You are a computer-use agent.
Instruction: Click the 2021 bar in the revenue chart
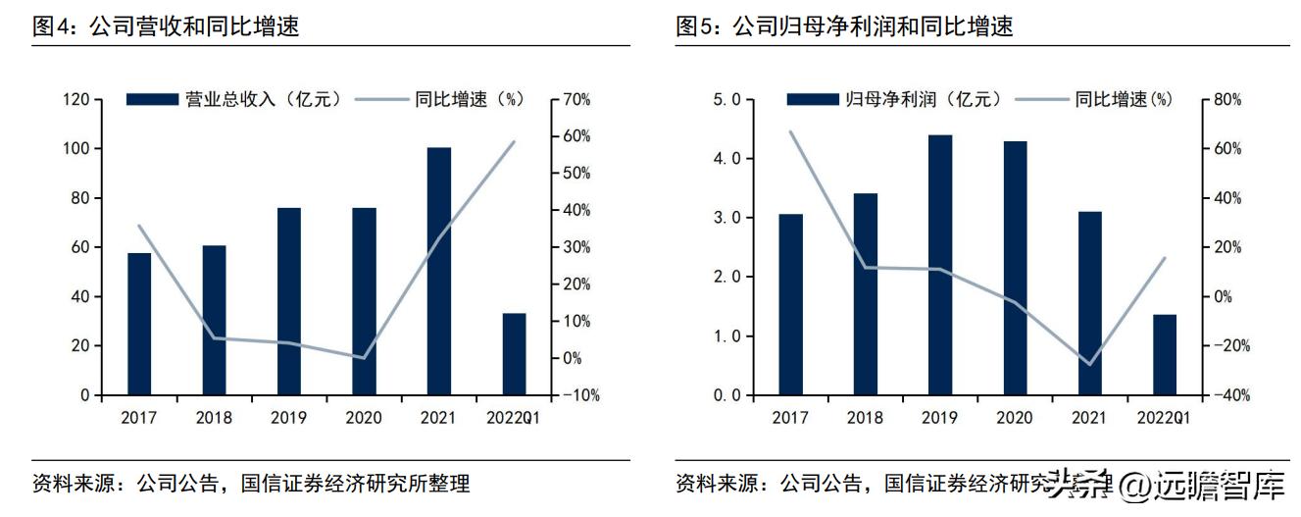438,272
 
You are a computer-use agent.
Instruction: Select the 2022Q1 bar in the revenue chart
514,354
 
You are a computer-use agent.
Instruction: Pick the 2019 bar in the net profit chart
940,265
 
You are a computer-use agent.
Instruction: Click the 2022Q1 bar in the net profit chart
1164,355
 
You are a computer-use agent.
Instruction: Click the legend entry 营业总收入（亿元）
235,99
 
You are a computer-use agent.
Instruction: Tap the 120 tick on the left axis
76,100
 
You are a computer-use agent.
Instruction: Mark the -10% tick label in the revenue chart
579,395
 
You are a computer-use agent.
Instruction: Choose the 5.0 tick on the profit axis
732,100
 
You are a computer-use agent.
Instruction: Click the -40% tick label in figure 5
1224,395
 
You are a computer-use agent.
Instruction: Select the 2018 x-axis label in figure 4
214,418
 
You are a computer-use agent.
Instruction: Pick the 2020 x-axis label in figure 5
1015,418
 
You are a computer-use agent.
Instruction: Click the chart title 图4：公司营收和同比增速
167,26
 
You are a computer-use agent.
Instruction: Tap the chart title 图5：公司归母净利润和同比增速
845,26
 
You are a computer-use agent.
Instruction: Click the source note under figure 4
251,484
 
